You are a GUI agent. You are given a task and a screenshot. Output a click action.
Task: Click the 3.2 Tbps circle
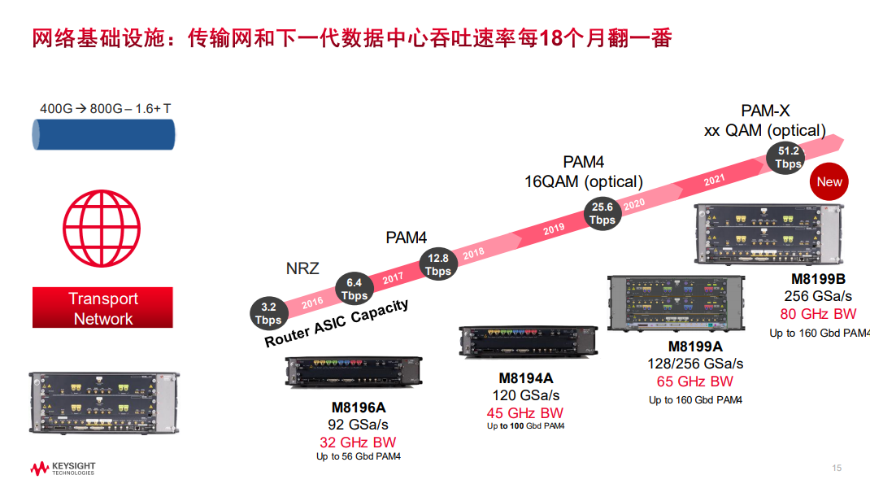click(x=269, y=314)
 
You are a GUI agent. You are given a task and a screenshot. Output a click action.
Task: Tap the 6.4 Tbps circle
click(x=355, y=290)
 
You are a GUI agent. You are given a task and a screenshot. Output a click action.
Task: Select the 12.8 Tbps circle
click(x=437, y=264)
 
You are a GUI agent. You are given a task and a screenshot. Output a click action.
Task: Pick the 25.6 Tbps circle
click(x=602, y=214)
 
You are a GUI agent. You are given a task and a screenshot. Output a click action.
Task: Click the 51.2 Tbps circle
click(x=788, y=157)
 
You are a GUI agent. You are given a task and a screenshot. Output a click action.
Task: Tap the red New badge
click(x=829, y=182)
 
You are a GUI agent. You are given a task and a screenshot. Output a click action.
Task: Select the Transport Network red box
click(x=102, y=308)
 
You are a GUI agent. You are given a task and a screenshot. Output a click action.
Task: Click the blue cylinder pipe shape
click(x=103, y=134)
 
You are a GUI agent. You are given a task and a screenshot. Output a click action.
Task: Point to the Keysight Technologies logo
click(x=63, y=469)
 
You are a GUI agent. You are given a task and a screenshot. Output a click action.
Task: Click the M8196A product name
click(x=359, y=408)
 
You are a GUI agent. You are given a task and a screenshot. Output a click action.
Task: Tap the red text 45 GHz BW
click(x=525, y=413)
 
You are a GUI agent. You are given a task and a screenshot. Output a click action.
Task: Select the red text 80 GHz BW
click(x=819, y=314)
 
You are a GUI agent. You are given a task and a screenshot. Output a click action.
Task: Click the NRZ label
click(x=302, y=268)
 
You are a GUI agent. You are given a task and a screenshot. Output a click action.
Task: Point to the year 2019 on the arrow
click(x=554, y=229)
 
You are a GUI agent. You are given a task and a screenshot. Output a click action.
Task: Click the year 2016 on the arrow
click(x=311, y=302)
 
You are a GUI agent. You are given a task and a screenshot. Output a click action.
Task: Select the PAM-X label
click(x=765, y=111)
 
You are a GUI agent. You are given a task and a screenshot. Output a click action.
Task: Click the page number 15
click(x=837, y=468)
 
